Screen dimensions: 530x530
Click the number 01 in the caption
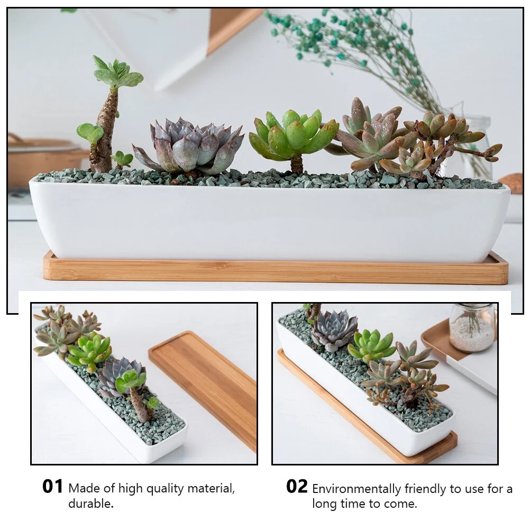53,487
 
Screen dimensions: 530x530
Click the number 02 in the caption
297,487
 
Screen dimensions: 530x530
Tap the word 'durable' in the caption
90,504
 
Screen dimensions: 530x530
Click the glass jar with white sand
471,328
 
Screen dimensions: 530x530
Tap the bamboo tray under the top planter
275,272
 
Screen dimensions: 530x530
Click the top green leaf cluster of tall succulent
117,74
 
